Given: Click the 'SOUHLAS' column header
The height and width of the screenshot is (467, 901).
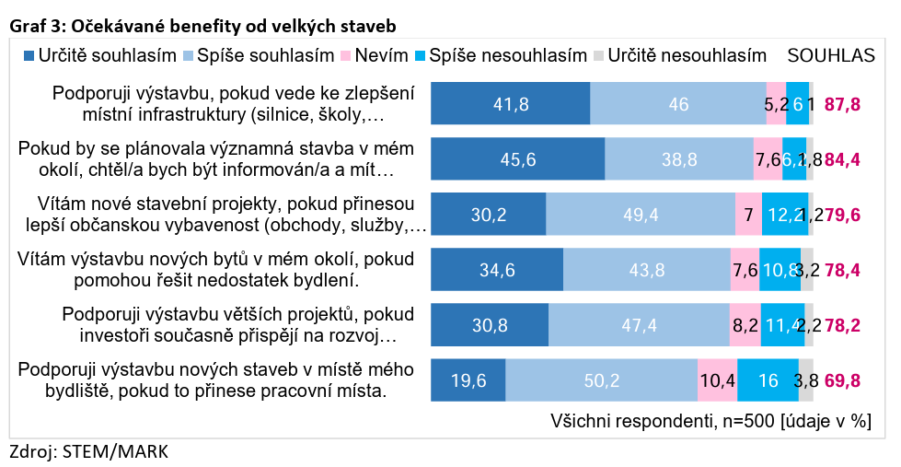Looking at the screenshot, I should pos(830,55).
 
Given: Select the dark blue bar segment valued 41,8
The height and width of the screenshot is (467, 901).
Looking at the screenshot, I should pos(510,104).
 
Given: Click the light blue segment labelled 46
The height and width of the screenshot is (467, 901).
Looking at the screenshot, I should pos(678,104).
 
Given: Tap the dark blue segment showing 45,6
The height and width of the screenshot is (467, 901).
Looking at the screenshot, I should pos(517,159).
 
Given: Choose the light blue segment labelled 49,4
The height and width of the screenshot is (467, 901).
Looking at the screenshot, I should pos(641,215).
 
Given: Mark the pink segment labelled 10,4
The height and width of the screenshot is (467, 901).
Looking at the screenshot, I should pos(717,380).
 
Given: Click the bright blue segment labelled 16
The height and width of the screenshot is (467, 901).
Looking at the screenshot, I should pos(768,380).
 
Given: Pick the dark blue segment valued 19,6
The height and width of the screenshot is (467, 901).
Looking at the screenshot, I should pos(468,380).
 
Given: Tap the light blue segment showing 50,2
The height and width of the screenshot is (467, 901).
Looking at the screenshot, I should pos(601,380).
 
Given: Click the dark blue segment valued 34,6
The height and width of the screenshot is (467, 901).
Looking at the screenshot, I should pos(497,270).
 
